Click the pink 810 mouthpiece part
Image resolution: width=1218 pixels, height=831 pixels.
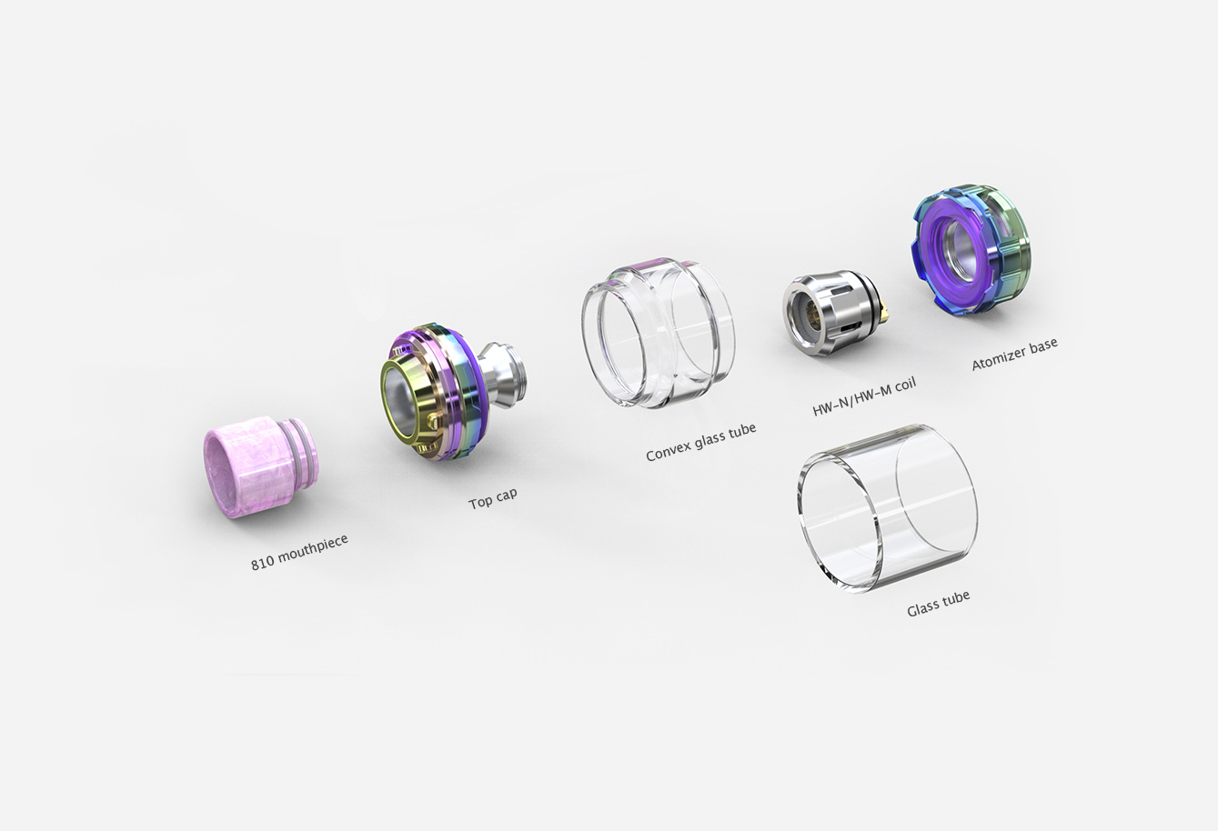tap(260, 466)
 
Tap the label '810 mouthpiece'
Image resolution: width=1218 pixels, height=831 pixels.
tap(299, 553)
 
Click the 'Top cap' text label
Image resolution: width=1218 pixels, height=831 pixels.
tap(493, 499)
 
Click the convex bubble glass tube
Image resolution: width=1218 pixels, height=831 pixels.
tap(658, 333)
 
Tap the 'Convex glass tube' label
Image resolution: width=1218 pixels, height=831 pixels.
tap(701, 442)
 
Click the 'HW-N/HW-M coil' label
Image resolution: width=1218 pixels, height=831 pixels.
tap(864, 396)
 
